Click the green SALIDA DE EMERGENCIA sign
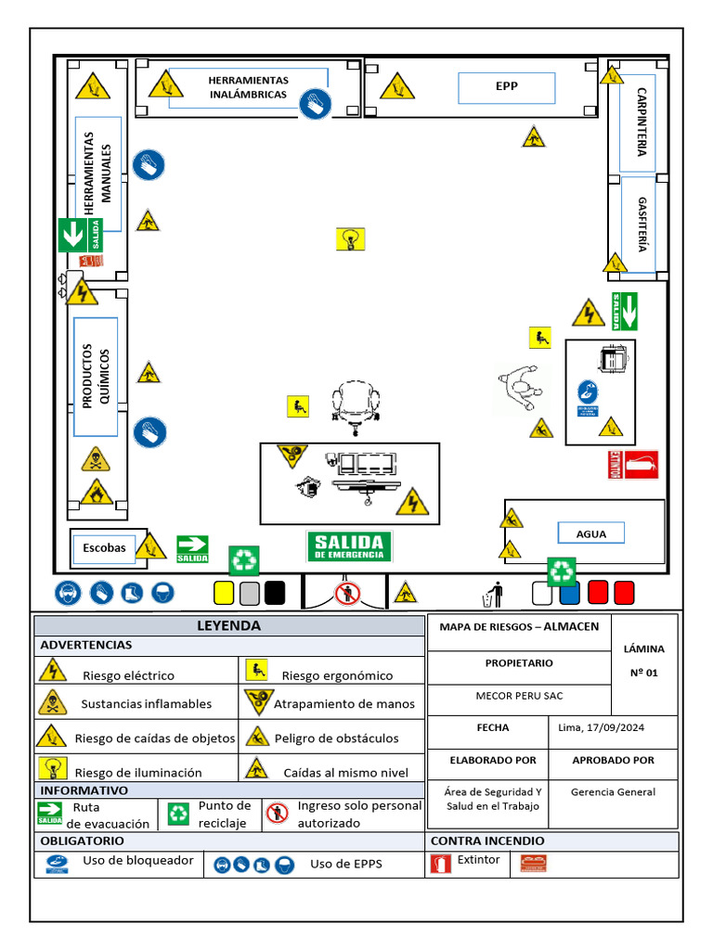tap(349, 546)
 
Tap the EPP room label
tap(506, 87)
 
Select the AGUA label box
tap(590, 533)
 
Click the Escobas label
tap(104, 547)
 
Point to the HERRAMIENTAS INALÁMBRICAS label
tap(248, 87)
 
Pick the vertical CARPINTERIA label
tap(642, 122)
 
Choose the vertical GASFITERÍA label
tap(642, 224)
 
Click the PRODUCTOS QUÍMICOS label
tap(96, 377)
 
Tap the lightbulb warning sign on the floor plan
tap(350, 239)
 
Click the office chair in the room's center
tap(357, 406)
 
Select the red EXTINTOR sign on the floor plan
tap(633, 465)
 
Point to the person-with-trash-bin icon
tap(494, 594)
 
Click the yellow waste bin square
tap(224, 592)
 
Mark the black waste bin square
tap(275, 592)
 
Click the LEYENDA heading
tap(228, 626)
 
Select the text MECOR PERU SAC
tap(519, 696)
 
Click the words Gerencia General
tap(613, 792)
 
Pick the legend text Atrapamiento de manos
tap(344, 704)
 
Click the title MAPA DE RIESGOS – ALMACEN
tap(519, 627)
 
